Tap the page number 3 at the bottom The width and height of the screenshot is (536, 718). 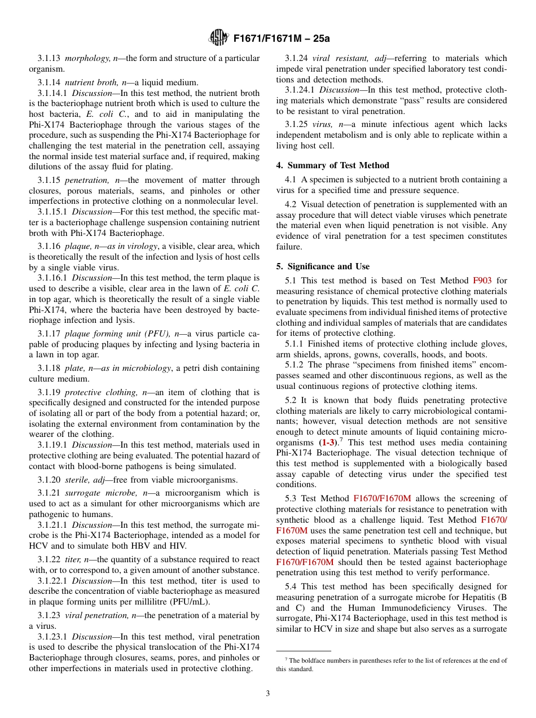point(268,693)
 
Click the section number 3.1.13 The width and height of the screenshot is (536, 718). point(49,58)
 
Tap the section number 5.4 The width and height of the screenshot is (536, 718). point(291,587)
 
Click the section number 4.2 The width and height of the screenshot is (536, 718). point(291,204)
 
